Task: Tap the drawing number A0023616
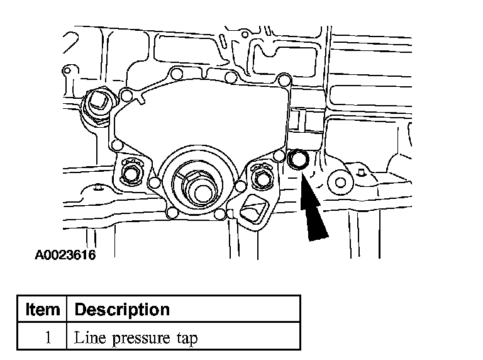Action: coord(65,256)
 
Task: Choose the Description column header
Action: coord(122,310)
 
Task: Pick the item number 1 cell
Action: coord(47,337)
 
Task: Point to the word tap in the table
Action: coord(187,339)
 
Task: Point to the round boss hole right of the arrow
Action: coord(340,183)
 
